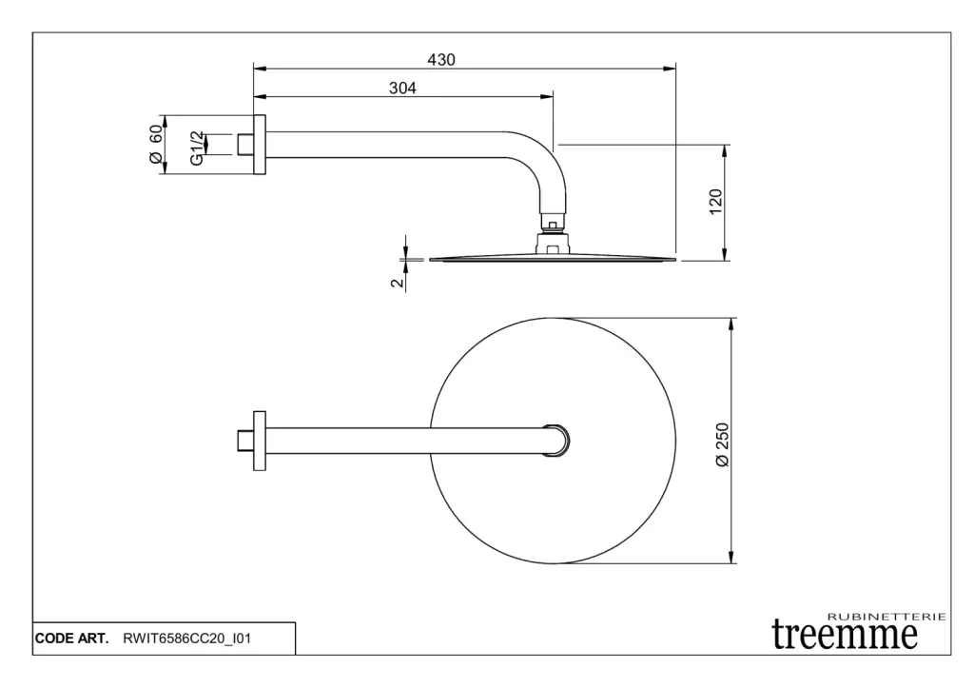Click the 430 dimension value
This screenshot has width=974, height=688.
pyautogui.click(x=441, y=60)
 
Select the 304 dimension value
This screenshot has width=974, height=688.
pyautogui.click(x=402, y=88)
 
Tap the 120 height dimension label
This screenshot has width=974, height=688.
pyautogui.click(x=715, y=202)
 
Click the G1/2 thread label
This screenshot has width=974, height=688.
pyautogui.click(x=196, y=147)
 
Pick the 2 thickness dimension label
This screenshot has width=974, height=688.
pyautogui.click(x=397, y=283)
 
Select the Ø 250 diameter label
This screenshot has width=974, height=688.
pyautogui.click(x=723, y=445)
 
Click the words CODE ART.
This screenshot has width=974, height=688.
pyautogui.click(x=71, y=639)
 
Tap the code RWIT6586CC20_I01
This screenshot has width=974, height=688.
pyautogui.click(x=187, y=639)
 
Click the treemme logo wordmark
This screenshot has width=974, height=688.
pyautogui.click(x=845, y=635)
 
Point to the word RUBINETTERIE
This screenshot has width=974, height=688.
pyautogui.click(x=886, y=617)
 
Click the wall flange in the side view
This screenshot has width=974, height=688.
pyautogui.click(x=260, y=145)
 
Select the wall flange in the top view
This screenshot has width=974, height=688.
pyautogui.click(x=260, y=441)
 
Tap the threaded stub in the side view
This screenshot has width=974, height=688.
pyautogui.click(x=245, y=145)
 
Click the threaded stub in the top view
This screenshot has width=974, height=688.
pyautogui.click(x=245, y=441)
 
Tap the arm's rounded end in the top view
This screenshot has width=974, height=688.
pyautogui.click(x=556, y=441)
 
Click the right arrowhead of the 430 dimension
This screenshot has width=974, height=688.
pyautogui.click(x=670, y=69)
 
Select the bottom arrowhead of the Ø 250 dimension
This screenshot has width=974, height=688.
pyautogui.click(x=731, y=557)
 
